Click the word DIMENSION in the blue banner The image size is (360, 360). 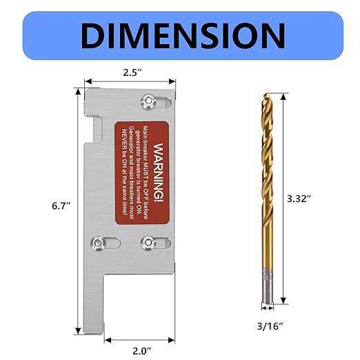click(181, 34)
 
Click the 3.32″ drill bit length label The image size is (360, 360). click(298, 199)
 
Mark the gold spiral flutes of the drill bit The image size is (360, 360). click(266, 186)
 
